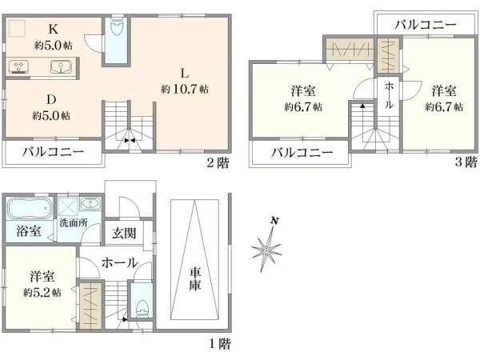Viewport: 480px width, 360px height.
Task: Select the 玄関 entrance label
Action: pos(123,234)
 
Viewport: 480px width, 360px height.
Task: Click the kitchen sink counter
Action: pos(39,67)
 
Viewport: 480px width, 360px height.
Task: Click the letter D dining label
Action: pos(49,101)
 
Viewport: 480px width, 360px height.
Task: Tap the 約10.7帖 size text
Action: pos(185,88)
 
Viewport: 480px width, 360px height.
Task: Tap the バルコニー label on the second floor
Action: pos(53,151)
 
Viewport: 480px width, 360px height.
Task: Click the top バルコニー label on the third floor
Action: pos(426,24)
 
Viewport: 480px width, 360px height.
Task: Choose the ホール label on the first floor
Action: pos(119,262)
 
